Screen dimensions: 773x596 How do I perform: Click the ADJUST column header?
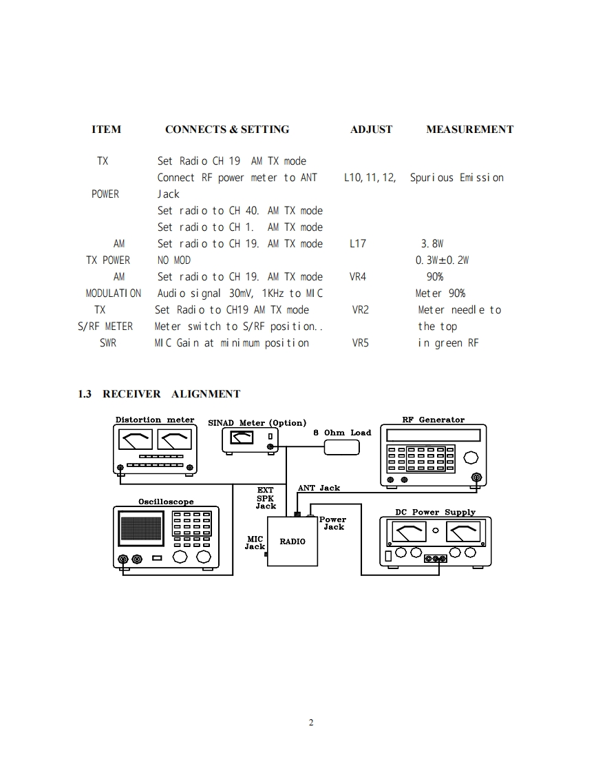point(371,130)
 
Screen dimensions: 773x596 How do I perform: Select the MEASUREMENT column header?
point(469,130)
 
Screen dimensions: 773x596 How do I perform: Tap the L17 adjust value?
point(358,244)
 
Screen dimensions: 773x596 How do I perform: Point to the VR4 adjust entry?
point(358,277)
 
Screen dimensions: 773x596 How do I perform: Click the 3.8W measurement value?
point(432,244)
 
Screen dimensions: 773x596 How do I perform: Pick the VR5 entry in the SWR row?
point(360,343)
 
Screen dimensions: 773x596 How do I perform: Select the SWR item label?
point(108,343)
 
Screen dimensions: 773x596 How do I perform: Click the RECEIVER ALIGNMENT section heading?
point(159,394)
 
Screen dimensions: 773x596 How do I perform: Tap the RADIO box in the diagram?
point(292,541)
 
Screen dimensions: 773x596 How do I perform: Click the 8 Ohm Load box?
point(342,447)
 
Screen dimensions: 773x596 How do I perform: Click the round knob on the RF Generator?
point(471,457)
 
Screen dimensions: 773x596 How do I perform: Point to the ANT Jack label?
point(319,488)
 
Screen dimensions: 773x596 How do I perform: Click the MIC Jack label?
point(255,542)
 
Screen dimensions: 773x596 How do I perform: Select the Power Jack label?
point(333,523)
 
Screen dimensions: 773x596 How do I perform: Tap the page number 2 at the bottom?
point(311,723)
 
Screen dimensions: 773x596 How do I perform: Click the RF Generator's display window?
point(433,435)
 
